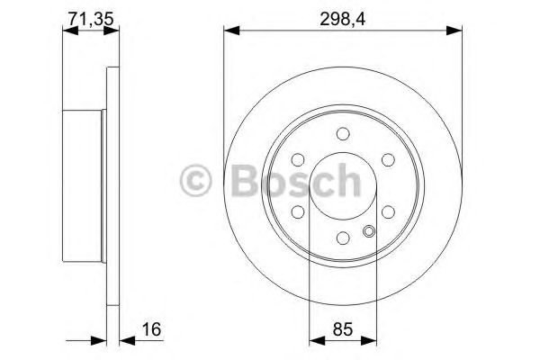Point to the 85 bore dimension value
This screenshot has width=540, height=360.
point(341,330)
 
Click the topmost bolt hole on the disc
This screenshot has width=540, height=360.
point(342,134)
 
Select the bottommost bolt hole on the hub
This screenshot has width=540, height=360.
point(342,238)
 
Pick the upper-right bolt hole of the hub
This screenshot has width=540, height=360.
point(387,160)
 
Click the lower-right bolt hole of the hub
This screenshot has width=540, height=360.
point(387,213)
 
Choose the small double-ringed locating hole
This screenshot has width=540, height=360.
point(368,231)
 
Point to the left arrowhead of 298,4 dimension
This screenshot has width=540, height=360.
point(229,32)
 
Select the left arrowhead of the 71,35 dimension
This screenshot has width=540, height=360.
point(67,32)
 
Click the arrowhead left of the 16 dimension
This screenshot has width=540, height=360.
point(100,341)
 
